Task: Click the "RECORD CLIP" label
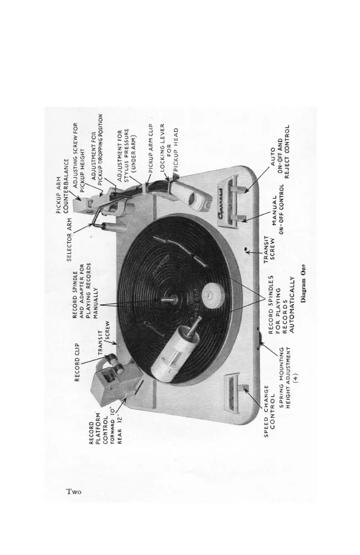point(77,360)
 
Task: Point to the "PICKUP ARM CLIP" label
point(150,149)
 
